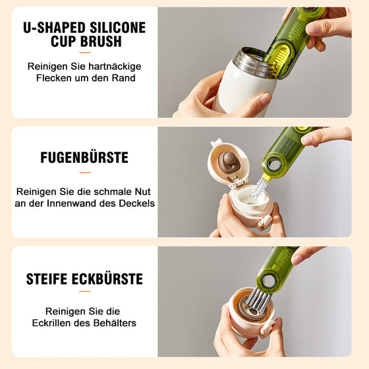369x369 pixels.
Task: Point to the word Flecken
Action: point(57,78)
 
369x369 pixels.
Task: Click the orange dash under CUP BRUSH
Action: point(84,53)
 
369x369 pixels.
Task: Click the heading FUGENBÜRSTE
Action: point(84,158)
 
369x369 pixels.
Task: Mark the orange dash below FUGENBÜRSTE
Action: point(84,172)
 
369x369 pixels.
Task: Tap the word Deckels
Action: point(137,203)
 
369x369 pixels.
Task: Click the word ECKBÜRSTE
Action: point(110,279)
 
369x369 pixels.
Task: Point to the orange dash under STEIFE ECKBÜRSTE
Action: point(84,293)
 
